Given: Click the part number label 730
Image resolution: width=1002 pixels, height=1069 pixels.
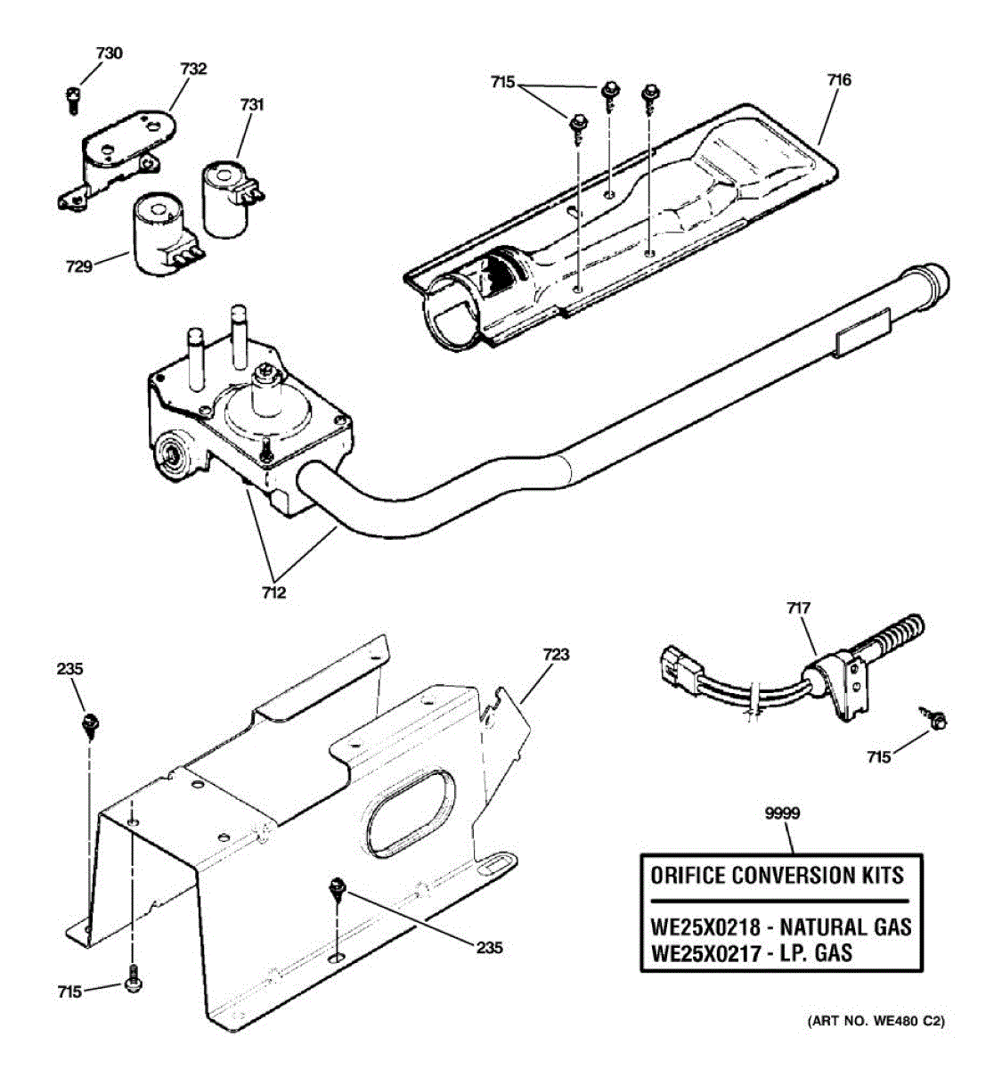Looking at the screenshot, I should click(109, 53).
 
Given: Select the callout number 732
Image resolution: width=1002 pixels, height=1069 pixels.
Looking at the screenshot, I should click(192, 69).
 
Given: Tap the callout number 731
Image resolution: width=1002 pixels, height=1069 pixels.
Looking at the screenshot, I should click(252, 105).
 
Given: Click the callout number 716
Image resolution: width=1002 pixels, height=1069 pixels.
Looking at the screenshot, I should click(839, 80).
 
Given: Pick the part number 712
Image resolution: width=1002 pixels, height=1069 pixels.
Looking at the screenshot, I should click(274, 592).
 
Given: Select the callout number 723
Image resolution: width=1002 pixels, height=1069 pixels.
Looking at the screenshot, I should click(555, 655).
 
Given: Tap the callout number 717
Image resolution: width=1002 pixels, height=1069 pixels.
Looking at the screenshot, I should click(798, 608).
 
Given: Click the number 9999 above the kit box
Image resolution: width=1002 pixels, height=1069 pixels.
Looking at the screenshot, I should click(783, 812).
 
